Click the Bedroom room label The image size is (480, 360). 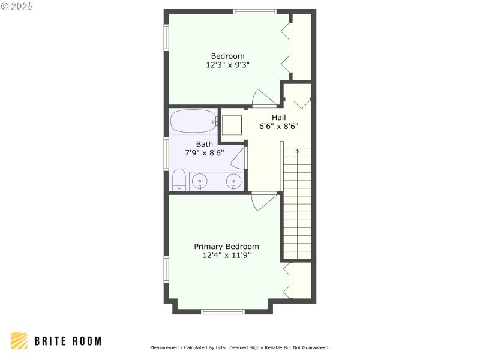pos(227,56)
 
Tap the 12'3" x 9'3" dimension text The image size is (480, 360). pos(227,65)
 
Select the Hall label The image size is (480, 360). pos(278,118)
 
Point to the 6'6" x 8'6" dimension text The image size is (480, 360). pos(278,127)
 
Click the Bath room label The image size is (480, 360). pos(204,144)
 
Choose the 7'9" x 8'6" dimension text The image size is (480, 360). pos(204,153)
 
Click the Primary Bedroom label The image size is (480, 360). pos(226,247)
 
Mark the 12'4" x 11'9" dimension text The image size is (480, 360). pos(226,255)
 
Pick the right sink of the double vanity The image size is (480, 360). pos(233,181)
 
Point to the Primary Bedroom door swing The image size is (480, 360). pos(263,201)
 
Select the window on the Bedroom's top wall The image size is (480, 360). pos(254,11)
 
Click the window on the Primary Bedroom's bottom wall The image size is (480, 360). pos(223,311)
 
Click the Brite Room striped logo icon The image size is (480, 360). pos(19,341)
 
